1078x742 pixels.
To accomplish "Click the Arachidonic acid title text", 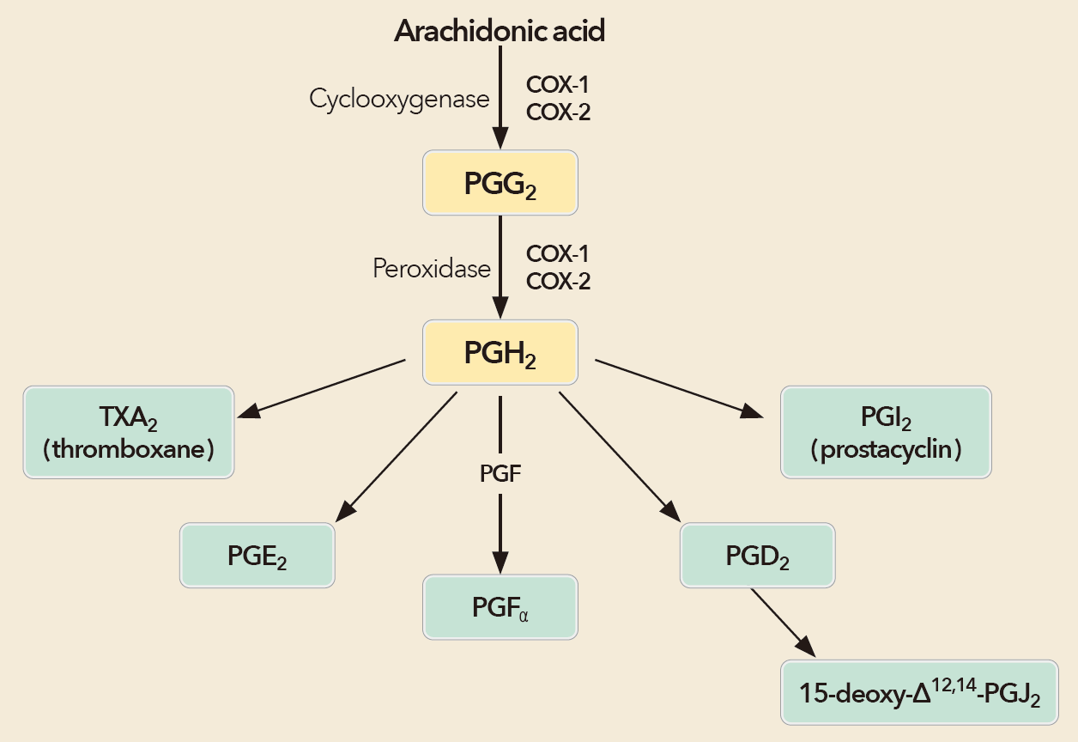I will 500,31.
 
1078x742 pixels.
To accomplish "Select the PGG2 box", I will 500,183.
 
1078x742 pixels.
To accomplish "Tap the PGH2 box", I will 500,352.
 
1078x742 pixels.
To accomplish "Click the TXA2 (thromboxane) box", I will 129,432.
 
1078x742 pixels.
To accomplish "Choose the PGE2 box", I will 257,556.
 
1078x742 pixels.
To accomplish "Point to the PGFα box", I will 500,607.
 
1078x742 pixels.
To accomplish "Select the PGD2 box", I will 757,556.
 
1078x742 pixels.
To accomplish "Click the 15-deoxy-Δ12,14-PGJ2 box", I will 918,692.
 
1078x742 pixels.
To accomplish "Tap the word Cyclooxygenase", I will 399,99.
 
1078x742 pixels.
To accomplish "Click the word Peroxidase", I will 431,268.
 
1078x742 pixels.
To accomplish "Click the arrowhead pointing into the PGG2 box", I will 500,139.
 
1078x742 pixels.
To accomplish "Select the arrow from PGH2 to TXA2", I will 322,388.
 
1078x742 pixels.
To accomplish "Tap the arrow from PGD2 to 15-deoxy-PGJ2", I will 781,620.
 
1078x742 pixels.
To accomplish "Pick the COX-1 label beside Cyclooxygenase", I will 558,86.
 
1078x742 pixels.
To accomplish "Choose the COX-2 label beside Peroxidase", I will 558,281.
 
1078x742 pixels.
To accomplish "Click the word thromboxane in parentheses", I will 129,449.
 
